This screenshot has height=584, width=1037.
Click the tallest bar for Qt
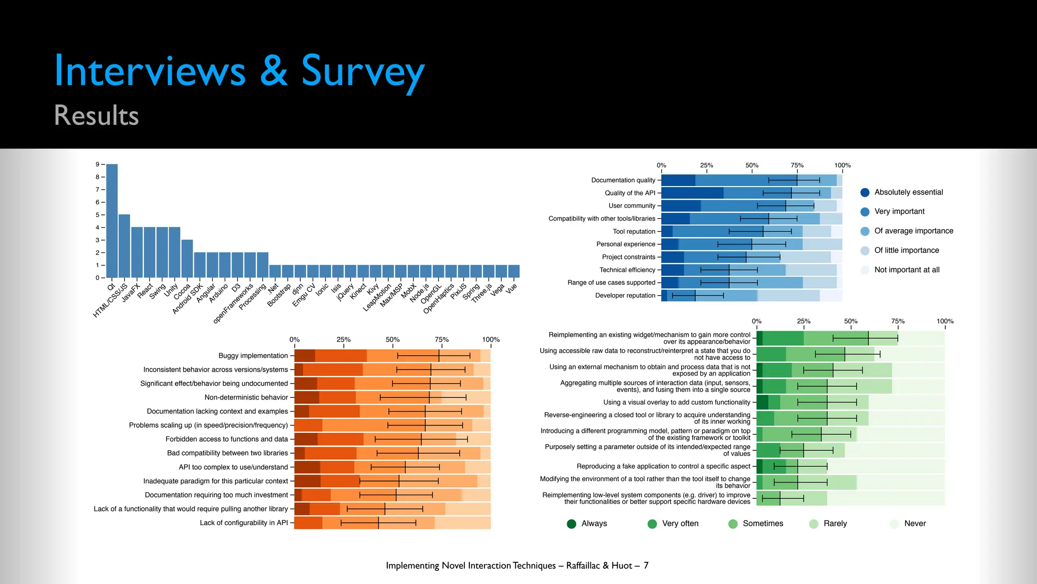click(112, 221)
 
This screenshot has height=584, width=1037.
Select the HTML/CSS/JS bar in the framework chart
click(124, 246)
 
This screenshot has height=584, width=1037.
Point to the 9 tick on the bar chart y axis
click(98, 164)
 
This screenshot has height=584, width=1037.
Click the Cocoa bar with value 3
click(187, 259)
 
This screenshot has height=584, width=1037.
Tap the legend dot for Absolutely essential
click(865, 192)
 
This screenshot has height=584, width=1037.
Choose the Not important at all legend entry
click(906, 270)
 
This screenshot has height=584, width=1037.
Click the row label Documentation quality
click(623, 180)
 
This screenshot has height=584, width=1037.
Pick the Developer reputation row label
click(625, 296)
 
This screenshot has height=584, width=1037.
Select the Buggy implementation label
click(253, 356)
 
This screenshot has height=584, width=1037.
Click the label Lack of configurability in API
click(244, 523)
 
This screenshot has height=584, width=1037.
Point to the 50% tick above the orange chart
click(392, 340)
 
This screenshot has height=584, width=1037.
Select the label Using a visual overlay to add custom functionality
click(676, 402)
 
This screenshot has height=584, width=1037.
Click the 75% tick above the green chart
click(898, 321)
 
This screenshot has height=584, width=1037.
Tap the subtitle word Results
click(96, 116)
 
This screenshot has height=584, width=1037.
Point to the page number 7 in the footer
click(646, 565)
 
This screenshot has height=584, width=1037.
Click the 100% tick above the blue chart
click(842, 165)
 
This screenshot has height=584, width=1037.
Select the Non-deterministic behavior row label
click(246, 397)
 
